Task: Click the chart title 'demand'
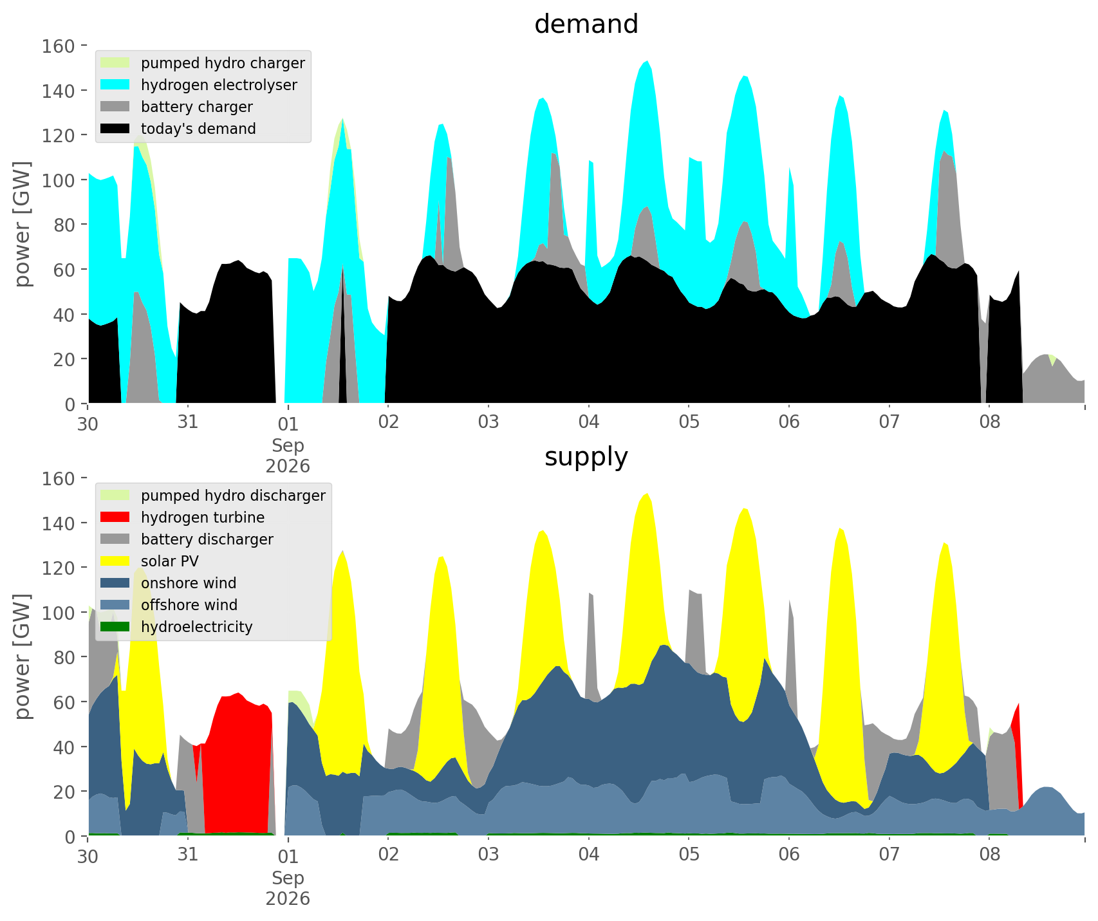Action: (x=586, y=24)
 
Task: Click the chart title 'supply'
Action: (x=586, y=457)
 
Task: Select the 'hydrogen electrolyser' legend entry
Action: (x=200, y=85)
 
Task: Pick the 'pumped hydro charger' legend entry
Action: (x=203, y=63)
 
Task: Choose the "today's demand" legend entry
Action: (x=179, y=129)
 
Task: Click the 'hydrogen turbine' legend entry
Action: (x=183, y=517)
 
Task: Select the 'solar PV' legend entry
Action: (x=150, y=561)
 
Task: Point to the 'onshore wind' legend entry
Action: (x=169, y=583)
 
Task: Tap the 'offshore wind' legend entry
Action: (x=169, y=605)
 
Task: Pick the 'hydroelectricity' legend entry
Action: (x=177, y=627)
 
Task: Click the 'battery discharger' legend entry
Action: (x=187, y=539)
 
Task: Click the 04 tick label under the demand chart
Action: (x=588, y=422)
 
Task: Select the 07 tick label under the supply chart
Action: (x=889, y=855)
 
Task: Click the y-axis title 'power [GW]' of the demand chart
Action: (x=23, y=225)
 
